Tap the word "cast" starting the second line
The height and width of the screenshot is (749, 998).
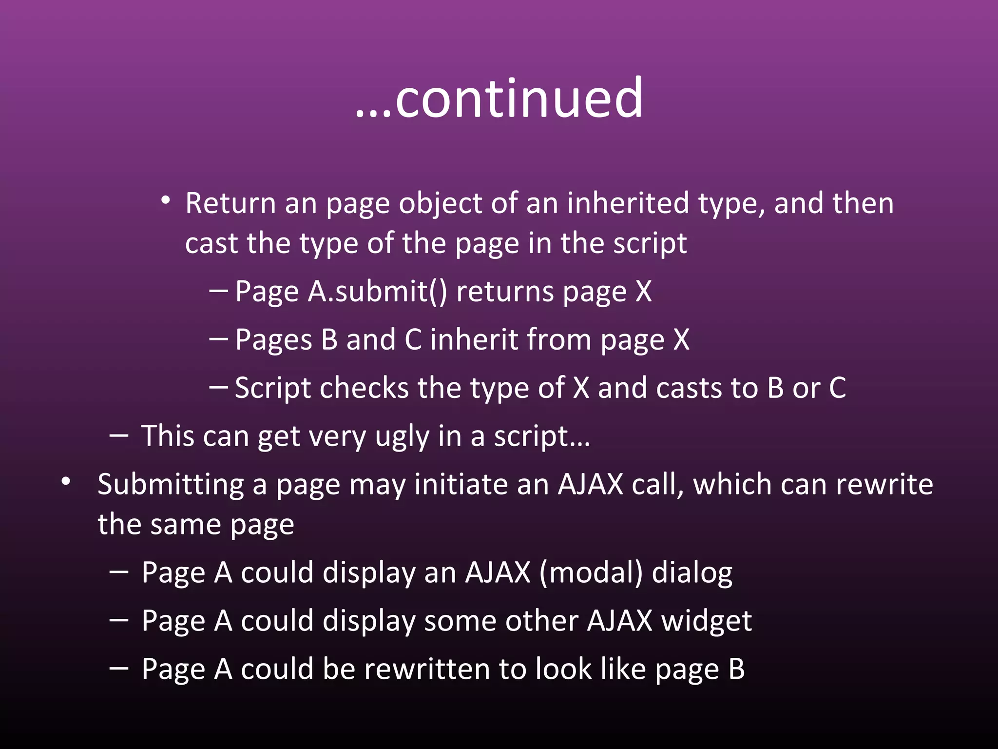[211, 243]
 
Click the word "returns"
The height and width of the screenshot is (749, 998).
[505, 292]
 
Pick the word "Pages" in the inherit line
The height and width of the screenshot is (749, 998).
[273, 339]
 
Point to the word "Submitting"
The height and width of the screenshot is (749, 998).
[171, 485]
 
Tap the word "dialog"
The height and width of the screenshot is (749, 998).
[692, 573]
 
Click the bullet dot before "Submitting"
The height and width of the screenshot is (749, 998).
[66, 482]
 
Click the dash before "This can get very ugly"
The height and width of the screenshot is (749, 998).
[119, 435]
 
